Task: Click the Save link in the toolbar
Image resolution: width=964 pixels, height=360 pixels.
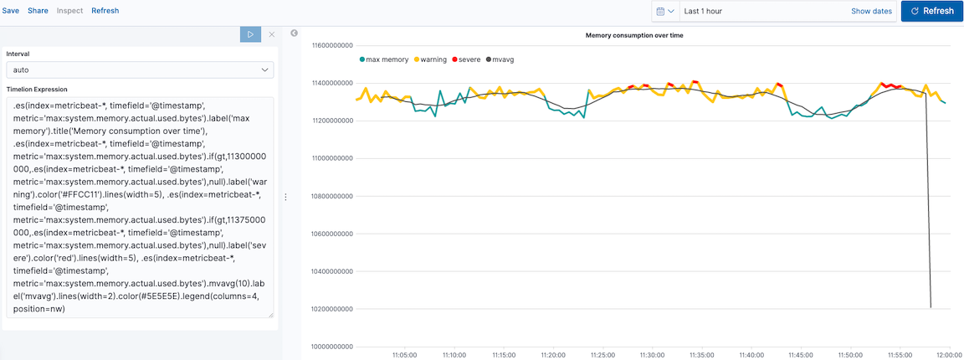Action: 10,11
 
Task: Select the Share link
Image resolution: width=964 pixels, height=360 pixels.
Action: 38,11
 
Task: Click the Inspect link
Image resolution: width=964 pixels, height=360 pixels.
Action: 69,11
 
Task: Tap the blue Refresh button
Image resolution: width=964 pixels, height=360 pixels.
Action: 931,11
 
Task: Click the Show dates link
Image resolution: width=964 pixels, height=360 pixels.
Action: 871,12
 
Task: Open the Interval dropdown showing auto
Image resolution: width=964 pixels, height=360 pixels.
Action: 140,70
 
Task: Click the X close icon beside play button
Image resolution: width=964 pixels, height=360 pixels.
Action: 271,34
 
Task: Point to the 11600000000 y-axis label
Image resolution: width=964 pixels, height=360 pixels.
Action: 331,45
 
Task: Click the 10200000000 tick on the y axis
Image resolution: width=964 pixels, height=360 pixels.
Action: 331,309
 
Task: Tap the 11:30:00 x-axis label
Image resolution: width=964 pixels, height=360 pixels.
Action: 651,355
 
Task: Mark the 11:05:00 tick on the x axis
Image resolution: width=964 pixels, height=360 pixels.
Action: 404,355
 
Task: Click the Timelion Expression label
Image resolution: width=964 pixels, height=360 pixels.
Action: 37,89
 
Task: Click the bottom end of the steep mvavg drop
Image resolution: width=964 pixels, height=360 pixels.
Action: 931,307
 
